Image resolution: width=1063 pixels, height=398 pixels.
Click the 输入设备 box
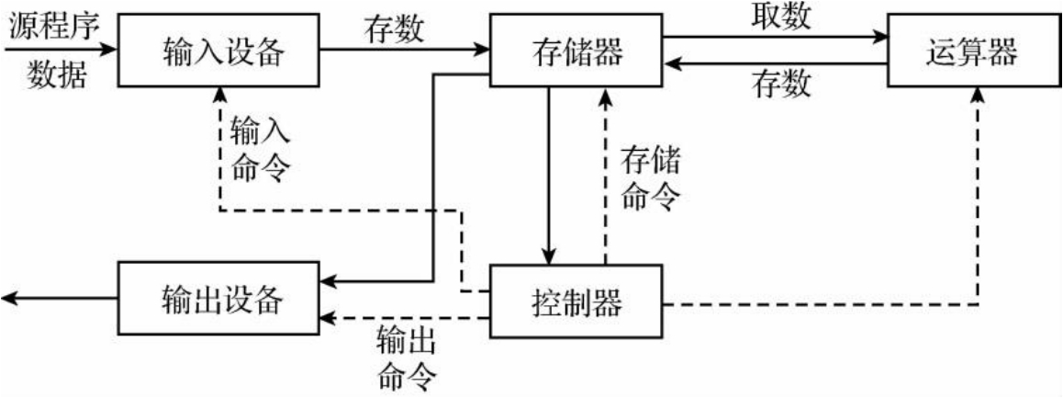click(x=219, y=51)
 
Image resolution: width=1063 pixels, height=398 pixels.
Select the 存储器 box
click(x=577, y=51)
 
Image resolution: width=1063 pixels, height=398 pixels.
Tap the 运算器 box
click(x=972, y=51)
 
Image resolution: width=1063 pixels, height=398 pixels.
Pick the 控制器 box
click(x=576, y=301)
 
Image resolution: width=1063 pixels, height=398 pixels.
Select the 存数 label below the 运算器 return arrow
click(x=782, y=86)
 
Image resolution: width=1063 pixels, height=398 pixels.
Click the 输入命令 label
click(x=261, y=147)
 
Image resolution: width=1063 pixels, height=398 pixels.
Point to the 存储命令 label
click(x=651, y=176)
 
